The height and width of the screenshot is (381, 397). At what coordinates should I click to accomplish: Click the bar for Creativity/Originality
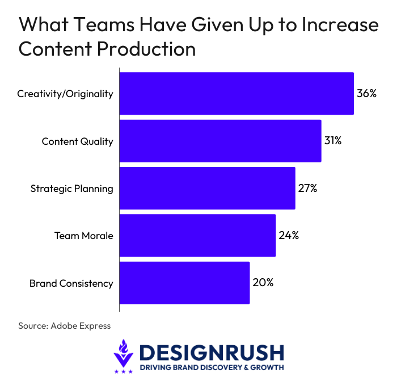click(236, 94)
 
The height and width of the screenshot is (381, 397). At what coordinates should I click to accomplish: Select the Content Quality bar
click(221, 141)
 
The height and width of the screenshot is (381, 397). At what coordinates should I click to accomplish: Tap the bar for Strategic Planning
click(208, 188)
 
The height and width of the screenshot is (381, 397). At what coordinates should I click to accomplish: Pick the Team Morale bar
click(197, 235)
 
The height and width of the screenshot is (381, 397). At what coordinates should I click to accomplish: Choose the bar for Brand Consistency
click(184, 282)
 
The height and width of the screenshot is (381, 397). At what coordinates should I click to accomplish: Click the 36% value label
click(367, 94)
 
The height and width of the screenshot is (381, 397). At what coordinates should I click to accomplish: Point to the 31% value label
click(333, 141)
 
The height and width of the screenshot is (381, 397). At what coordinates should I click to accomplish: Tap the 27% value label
click(307, 188)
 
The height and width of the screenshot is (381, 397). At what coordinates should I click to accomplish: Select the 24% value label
click(289, 235)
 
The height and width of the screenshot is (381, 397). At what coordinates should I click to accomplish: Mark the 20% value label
click(263, 282)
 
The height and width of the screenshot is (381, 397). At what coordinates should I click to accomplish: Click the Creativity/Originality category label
click(65, 94)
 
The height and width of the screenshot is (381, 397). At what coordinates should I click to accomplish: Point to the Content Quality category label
click(78, 141)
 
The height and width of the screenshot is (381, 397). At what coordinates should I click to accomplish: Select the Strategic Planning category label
click(71, 189)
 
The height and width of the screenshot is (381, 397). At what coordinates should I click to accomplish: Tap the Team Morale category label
click(84, 235)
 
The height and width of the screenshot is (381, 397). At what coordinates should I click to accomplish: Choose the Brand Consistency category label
click(71, 283)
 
